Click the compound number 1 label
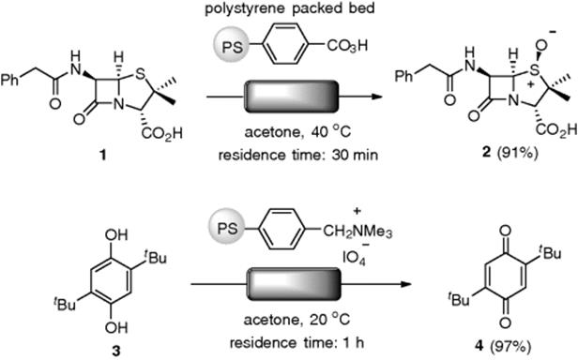[103, 156]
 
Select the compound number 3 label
[115, 352]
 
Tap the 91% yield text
[516, 152]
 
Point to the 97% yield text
[510, 346]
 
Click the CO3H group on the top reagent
[347, 47]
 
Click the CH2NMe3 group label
[357, 232]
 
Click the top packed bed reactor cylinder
[291, 97]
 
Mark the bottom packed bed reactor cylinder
[294, 284]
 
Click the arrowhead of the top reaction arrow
[375, 97]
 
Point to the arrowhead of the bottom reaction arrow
[406, 284]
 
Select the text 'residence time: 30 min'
[298, 155]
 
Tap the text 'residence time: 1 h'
[297, 343]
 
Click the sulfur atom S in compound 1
[140, 75]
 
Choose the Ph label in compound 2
[404, 77]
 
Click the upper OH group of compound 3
[116, 234]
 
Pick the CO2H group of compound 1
[162, 133]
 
